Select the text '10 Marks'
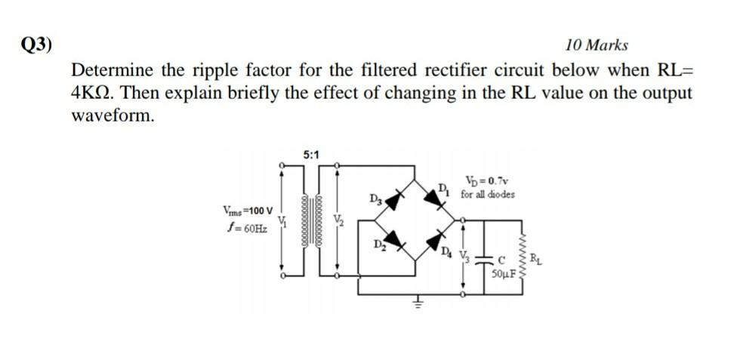click(597, 46)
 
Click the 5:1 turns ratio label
click(311, 155)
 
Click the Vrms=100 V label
click(248, 210)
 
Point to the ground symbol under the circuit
click(414, 303)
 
